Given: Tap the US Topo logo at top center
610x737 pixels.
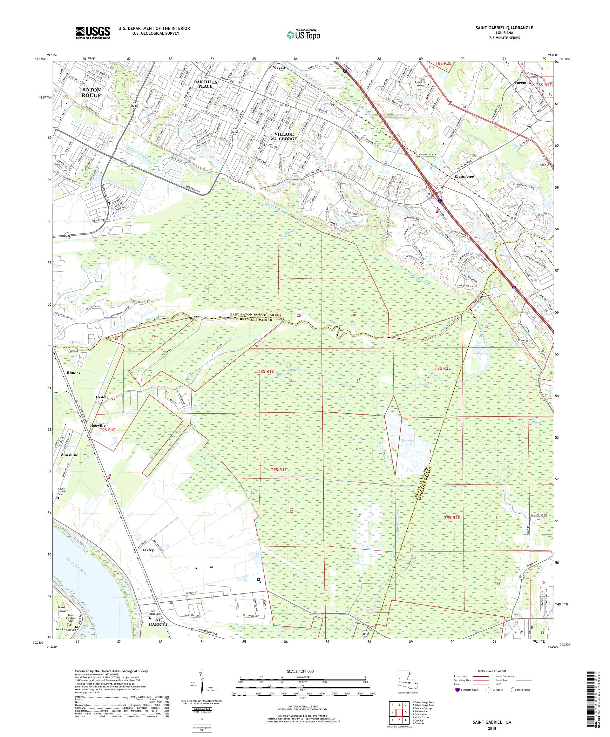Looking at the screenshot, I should coord(304,34).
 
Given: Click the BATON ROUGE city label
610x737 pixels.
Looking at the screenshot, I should coord(91,93).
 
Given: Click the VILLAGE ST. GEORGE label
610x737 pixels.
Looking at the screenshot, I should coord(286,137).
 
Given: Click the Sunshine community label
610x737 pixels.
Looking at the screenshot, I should coord(70,455).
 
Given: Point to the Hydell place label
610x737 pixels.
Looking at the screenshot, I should coord(101,396).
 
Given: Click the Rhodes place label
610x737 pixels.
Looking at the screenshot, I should coord(72,373).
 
